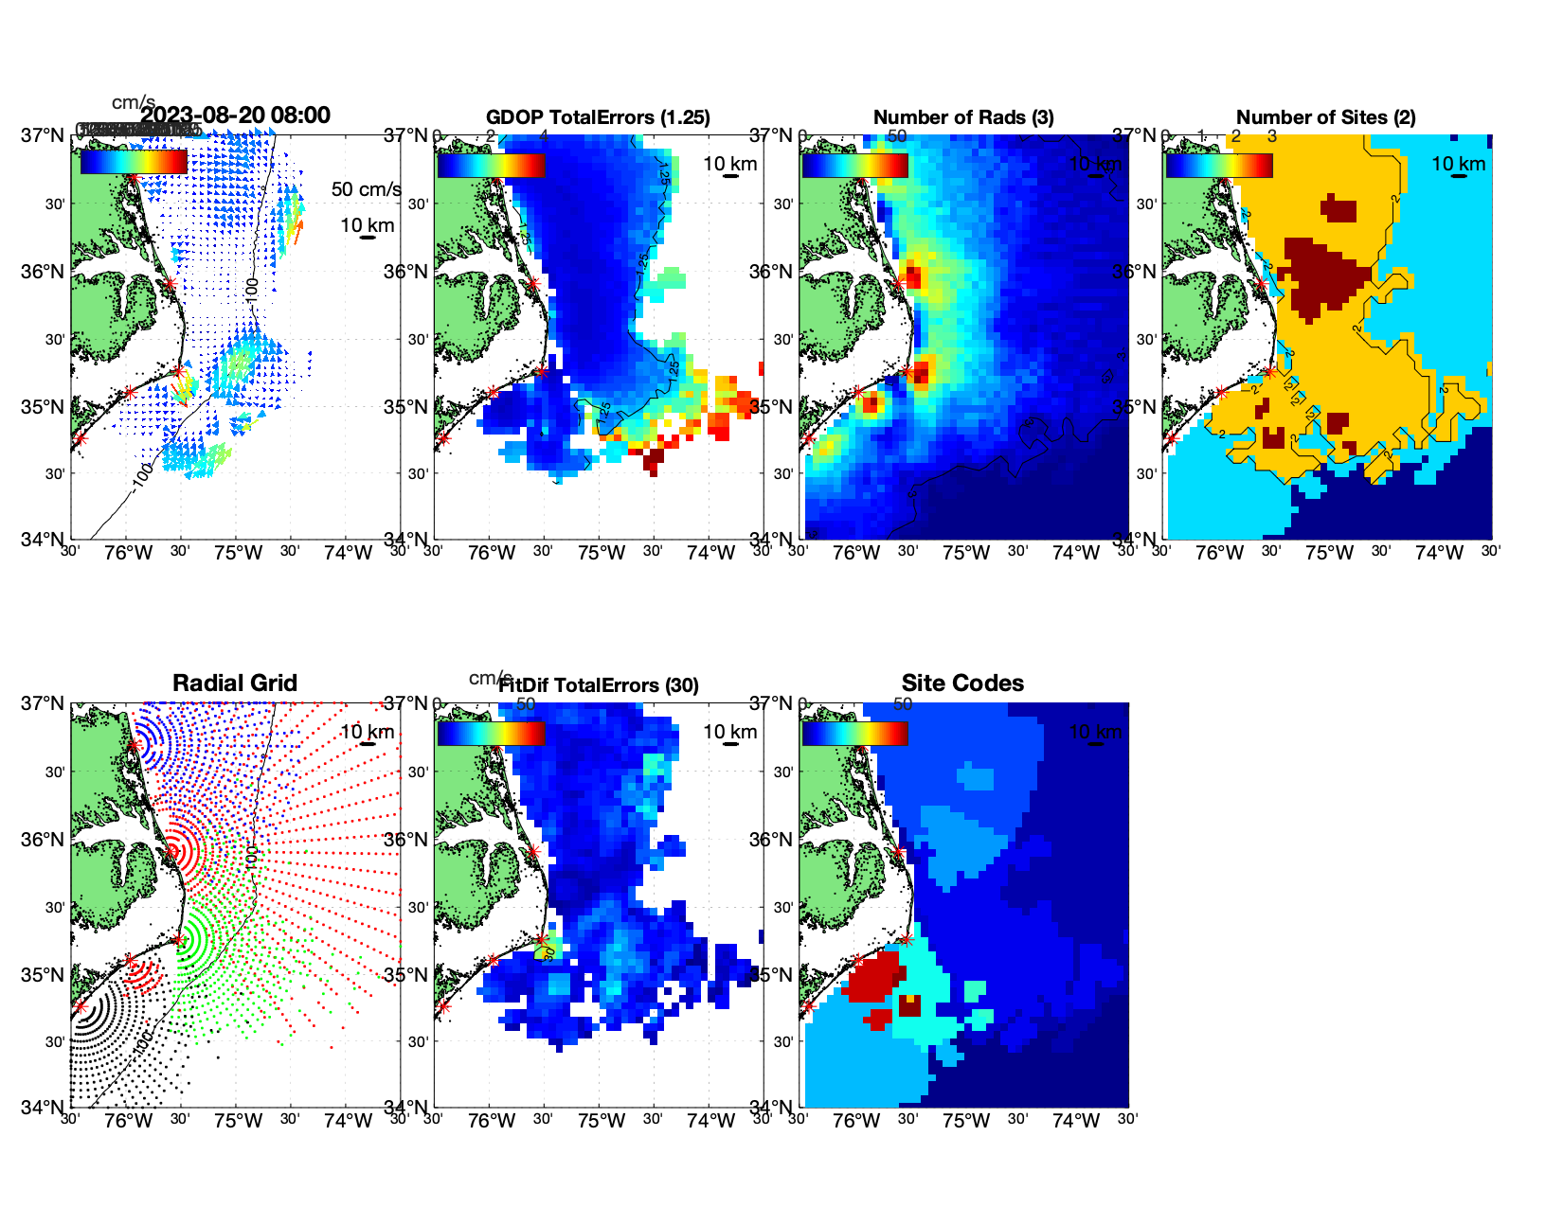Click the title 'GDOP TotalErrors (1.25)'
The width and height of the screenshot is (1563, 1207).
pos(598,117)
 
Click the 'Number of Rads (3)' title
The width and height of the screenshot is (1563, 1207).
pos(963,117)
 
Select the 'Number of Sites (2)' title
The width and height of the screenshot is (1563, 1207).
pos(1326,117)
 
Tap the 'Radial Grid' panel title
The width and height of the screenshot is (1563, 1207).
pos(235,683)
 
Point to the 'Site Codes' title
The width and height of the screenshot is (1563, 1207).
pos(962,683)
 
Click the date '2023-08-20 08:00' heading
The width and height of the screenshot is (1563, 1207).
pos(236,115)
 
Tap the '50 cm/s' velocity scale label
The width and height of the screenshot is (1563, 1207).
pos(366,189)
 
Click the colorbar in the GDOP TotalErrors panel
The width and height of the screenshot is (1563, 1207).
pos(491,165)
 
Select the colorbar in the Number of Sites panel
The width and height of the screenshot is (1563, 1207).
pos(1219,165)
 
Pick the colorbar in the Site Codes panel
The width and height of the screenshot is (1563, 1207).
pos(854,733)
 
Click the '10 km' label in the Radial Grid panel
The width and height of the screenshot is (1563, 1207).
pos(367,732)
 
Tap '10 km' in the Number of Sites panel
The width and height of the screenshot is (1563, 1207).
pos(1458,164)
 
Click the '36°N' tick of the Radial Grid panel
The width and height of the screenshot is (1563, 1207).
pos(43,840)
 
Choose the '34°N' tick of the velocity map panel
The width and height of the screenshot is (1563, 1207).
pos(43,540)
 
